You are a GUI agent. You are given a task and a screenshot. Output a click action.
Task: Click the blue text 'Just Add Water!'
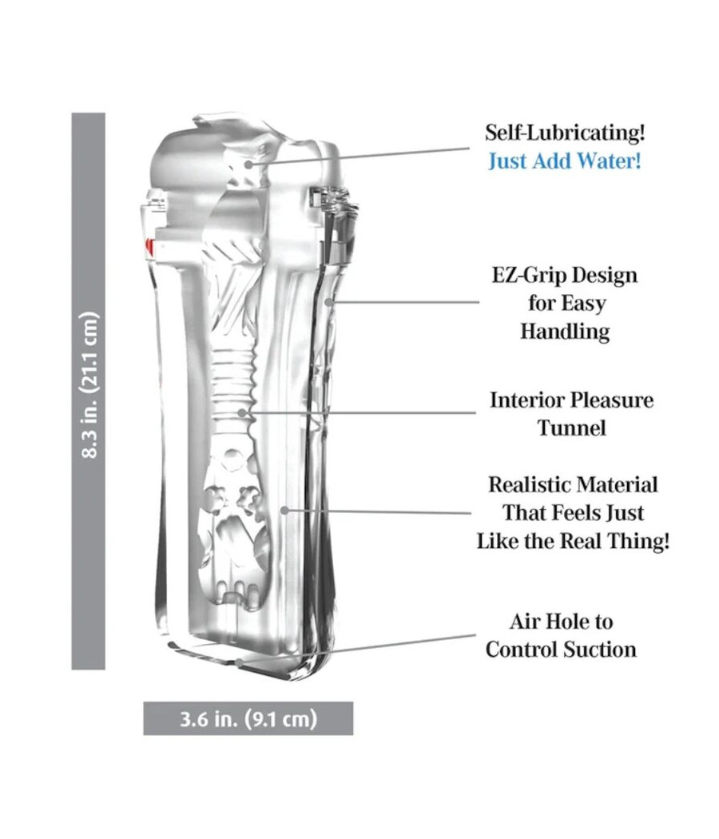coord(564,161)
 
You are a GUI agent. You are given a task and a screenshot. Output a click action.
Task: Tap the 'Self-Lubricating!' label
coord(565,132)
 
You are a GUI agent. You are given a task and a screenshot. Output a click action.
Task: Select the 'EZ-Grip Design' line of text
coord(565,276)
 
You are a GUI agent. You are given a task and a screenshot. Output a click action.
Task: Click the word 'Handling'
coord(565,332)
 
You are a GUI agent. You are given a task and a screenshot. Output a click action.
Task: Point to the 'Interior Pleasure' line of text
coord(571,400)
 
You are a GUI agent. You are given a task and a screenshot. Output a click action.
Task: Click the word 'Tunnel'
coord(571,428)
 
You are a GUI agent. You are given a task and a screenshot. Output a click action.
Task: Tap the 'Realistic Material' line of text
coord(573,485)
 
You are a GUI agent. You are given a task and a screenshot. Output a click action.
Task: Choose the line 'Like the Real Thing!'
coord(573,541)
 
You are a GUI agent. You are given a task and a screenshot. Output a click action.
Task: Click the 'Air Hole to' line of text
coord(561,622)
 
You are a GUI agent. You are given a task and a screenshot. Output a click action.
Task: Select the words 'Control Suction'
coord(561,650)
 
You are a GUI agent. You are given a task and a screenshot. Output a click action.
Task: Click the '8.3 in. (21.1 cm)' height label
coord(89,384)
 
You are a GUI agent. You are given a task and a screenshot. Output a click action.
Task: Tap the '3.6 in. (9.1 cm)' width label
coord(248,718)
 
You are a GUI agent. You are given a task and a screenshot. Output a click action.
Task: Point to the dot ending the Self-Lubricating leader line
coord(248,164)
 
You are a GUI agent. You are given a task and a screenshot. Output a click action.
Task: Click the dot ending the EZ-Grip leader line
coord(329,302)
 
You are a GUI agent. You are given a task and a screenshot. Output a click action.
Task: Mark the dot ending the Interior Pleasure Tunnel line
coord(242,412)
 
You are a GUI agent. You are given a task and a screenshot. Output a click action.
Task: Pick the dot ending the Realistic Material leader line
coord(284,511)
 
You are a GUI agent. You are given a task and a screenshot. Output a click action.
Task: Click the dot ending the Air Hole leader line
coord(239,663)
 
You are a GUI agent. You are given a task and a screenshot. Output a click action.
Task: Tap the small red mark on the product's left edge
coord(148,247)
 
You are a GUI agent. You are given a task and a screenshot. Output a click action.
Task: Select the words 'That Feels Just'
coord(573,513)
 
